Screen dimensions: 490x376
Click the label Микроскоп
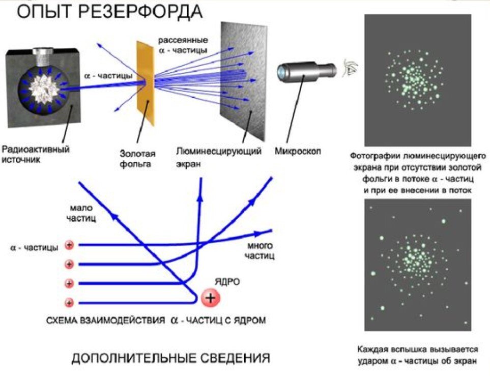(x=298, y=152)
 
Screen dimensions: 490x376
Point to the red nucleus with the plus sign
(x=210, y=296)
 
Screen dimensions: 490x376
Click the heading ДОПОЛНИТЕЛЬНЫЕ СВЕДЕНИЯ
(x=170, y=358)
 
